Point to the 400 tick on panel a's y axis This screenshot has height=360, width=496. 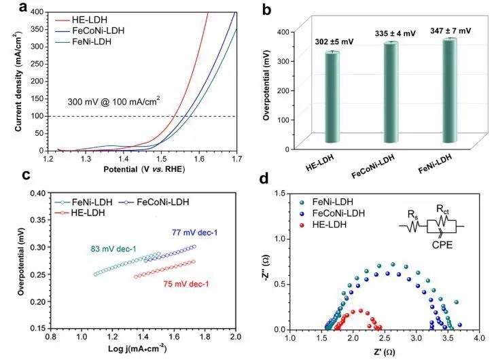37,12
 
